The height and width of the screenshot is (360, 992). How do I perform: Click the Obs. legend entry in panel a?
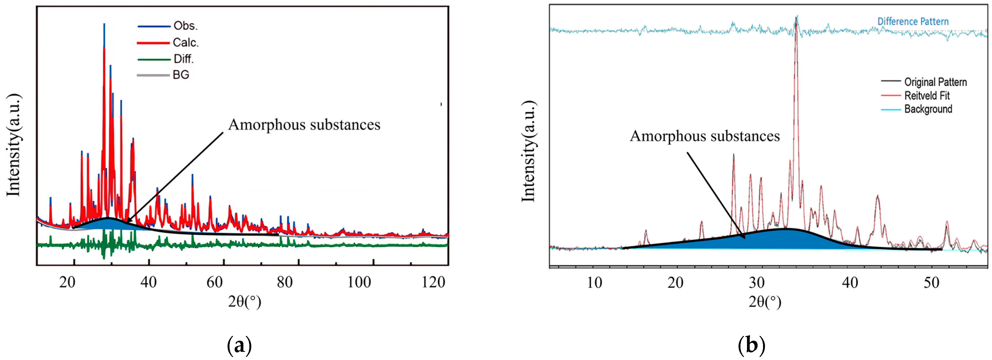point(185,26)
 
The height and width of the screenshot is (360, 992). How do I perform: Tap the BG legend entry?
point(180,75)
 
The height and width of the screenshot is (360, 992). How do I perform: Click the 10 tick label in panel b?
point(594,283)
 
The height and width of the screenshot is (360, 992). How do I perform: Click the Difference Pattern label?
point(913,21)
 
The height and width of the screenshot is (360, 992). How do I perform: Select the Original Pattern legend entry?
point(935,82)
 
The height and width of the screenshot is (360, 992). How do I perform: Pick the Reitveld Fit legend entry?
point(927,96)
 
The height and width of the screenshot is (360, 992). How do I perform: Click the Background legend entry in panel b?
point(928,109)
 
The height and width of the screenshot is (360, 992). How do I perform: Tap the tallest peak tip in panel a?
point(104,24)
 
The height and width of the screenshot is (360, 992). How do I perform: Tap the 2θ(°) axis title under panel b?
point(765,301)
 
